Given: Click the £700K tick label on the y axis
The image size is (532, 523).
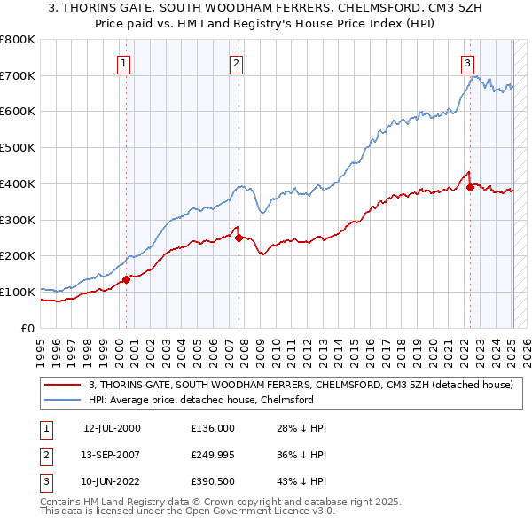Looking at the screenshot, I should pyautogui.click(x=18, y=75).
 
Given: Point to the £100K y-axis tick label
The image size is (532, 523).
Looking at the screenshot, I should pyautogui.click(x=18, y=292).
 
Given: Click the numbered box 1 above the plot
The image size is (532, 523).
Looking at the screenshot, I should pyautogui.click(x=123, y=63).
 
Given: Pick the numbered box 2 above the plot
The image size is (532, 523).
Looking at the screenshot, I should pyautogui.click(x=237, y=63).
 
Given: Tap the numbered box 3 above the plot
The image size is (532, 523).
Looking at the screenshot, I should pyautogui.click(x=467, y=63).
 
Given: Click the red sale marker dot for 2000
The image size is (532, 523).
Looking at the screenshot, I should pyautogui.click(x=126, y=279).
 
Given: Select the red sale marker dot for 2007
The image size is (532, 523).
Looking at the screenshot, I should pyautogui.click(x=239, y=238).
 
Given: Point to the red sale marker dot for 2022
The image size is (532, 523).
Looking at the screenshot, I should pyautogui.click(x=470, y=187).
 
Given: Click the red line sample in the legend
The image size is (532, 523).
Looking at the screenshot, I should pyautogui.click(x=63, y=385).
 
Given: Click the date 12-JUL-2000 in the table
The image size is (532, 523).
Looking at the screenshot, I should pyautogui.click(x=112, y=428).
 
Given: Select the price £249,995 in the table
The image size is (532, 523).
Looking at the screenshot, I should pyautogui.click(x=213, y=457).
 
